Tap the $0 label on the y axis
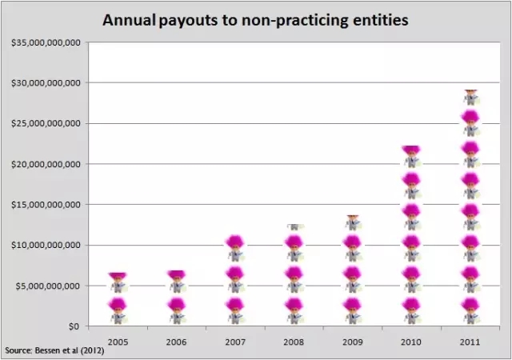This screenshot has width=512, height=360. (73, 326)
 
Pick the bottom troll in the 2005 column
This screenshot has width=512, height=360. (118, 310)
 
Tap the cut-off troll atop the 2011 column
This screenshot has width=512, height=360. (470, 97)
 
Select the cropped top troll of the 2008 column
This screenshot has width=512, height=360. (294, 227)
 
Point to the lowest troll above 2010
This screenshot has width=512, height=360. (411, 310)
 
